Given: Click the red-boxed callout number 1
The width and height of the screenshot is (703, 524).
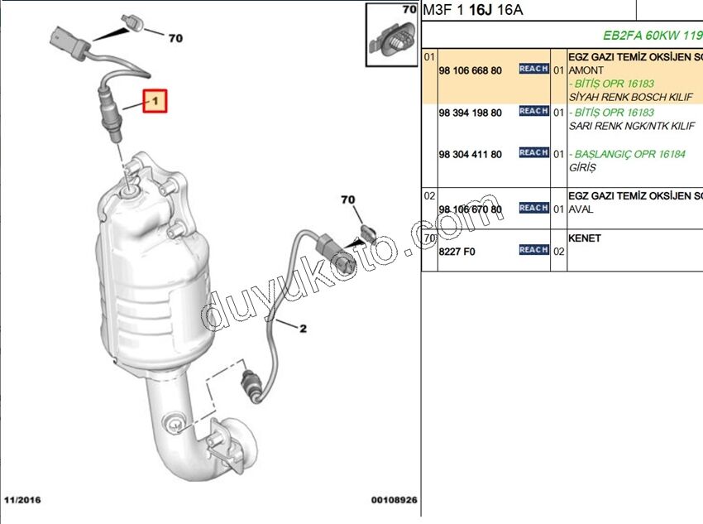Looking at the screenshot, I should (155, 102).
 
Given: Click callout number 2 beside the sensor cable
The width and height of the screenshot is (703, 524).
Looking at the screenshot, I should (303, 329).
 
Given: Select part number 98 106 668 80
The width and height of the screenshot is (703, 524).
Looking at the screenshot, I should (470, 70).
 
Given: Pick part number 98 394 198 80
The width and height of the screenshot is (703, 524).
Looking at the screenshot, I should (470, 112).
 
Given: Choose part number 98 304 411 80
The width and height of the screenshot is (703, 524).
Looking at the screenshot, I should (470, 154).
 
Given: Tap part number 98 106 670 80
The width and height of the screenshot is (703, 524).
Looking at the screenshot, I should (470, 209).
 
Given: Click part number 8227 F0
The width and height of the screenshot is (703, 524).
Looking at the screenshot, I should (457, 252).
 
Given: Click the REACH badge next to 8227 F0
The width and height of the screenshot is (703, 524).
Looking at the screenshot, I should (533, 250).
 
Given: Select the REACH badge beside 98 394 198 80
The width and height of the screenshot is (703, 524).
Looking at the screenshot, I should (533, 111).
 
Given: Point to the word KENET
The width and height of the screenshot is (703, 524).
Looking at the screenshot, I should (585, 238).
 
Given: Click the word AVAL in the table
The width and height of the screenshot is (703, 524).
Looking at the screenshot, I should (581, 209).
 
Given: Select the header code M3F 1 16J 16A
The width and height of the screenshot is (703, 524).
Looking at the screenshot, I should (474, 11).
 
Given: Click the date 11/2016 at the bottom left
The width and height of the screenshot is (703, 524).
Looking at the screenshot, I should (22, 500).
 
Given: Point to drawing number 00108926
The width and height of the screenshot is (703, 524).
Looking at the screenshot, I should (395, 500).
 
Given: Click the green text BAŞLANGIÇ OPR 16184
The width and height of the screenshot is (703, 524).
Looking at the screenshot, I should (630, 154).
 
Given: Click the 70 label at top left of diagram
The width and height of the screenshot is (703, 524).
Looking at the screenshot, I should (175, 38).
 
